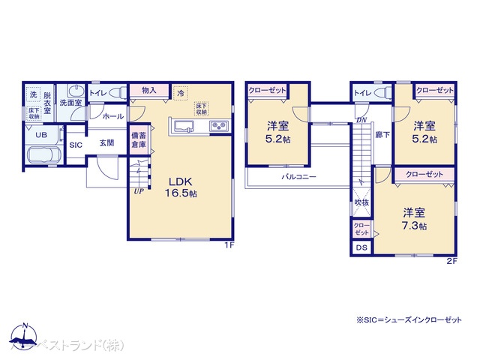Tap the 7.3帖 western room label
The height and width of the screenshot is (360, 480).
coord(415,218)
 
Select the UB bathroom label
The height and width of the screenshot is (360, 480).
coord(41,135)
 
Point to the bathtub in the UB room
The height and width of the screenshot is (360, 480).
coord(44,157)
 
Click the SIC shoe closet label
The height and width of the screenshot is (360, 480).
coord(76,145)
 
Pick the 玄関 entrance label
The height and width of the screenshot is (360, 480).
coord(106,143)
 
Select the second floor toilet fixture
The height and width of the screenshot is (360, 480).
coord(379,92)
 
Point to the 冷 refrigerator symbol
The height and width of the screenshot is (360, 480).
coord(181,91)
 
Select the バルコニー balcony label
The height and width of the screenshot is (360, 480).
coord(299,178)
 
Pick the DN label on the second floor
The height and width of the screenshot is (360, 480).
coord(361,120)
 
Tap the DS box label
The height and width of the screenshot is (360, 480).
coord(361,248)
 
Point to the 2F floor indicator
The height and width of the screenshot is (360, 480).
coord(451,260)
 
